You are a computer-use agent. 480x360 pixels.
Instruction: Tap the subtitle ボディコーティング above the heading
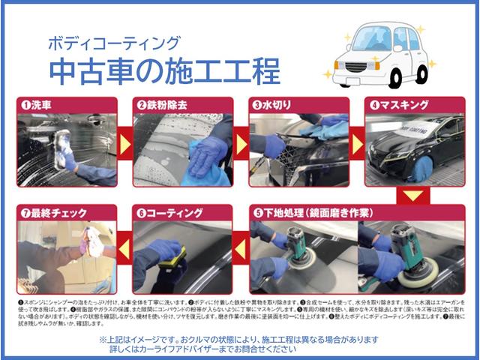tap(113, 43)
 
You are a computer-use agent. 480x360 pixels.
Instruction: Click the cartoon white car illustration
tap(380, 55)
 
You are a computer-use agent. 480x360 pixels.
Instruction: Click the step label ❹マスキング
tap(400, 105)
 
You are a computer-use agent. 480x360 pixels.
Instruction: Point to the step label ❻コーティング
tap(172, 212)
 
